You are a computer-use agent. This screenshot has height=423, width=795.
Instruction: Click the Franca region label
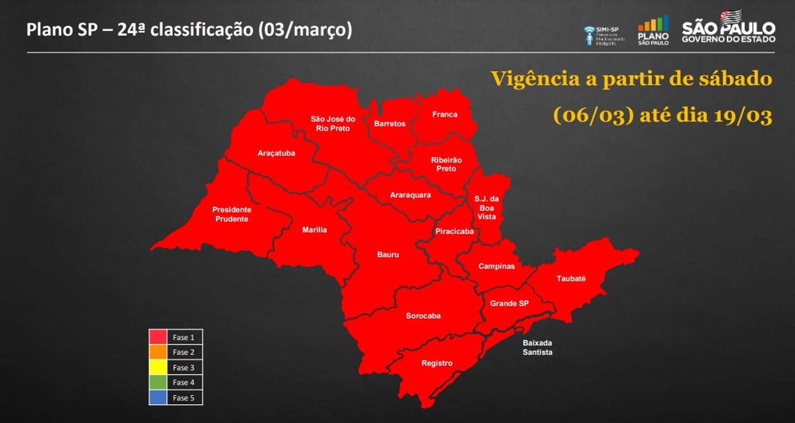point(445,115)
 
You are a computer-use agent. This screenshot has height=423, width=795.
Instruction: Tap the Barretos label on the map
point(390,124)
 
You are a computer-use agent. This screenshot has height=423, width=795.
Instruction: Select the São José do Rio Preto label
point(333,123)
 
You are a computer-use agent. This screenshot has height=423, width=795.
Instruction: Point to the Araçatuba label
point(276,154)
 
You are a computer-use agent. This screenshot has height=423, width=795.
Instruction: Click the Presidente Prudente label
point(231,214)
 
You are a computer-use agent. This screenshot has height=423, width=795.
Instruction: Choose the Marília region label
point(315,230)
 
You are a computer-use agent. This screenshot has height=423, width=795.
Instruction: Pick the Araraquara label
point(411,195)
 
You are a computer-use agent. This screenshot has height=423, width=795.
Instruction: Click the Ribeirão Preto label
point(447,164)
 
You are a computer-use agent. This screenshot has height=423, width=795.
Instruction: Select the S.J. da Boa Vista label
point(486,208)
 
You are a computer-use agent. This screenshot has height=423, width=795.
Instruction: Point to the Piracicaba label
point(454,231)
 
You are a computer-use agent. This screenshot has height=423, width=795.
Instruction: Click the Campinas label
point(497,267)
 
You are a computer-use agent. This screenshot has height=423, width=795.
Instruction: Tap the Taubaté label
point(571,279)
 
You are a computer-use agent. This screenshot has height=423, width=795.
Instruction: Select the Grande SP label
point(509,304)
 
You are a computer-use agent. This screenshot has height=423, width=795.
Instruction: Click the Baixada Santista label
point(537,348)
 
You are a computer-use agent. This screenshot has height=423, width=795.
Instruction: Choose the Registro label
point(437,363)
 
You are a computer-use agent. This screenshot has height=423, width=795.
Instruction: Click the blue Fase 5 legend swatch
point(158,398)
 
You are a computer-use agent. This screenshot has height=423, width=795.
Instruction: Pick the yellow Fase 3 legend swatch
point(158,367)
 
